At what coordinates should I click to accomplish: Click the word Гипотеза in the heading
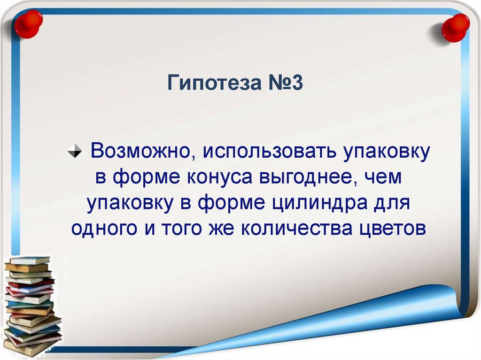(x=214, y=83)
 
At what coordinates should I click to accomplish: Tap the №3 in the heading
(x=286, y=83)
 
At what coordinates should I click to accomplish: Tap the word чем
(x=384, y=177)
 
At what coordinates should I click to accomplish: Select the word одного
(x=104, y=229)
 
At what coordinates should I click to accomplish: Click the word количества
(x=297, y=229)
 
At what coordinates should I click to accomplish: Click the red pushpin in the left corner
(x=28, y=24)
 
